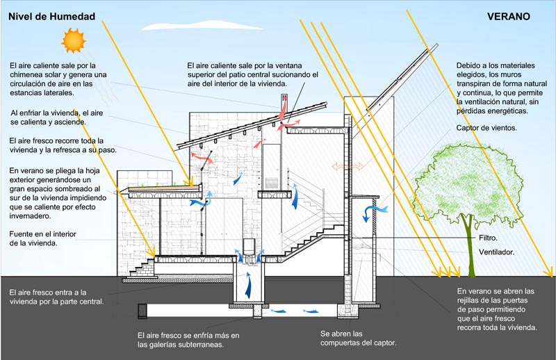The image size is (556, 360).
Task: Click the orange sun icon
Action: (74, 40)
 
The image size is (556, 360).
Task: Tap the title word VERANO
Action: (509, 16)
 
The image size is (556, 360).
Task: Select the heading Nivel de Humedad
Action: (51, 16)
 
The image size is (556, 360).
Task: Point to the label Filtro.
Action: (488, 238)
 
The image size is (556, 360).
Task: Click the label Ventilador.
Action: (496, 252)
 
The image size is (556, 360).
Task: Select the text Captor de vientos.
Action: (486, 128)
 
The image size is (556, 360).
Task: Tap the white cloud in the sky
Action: (202, 26)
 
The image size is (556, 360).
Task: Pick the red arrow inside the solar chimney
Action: (284, 109)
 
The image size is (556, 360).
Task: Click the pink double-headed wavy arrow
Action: (347, 166)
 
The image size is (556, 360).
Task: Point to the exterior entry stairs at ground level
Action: (142, 268)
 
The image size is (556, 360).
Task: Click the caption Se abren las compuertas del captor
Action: (358, 338)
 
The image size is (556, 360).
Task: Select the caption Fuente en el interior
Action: (42, 234)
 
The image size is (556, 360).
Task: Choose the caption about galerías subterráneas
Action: (188, 340)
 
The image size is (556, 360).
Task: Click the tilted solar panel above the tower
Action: (402, 76)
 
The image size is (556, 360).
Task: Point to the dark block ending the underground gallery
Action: (142, 311)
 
